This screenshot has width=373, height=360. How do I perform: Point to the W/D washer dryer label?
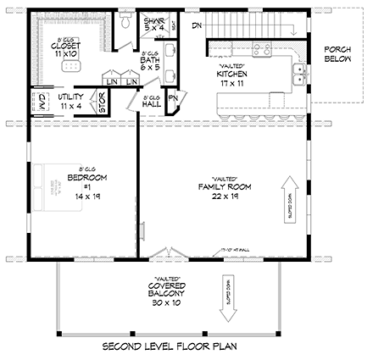[40, 102]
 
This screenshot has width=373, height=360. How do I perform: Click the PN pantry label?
[173, 101]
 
